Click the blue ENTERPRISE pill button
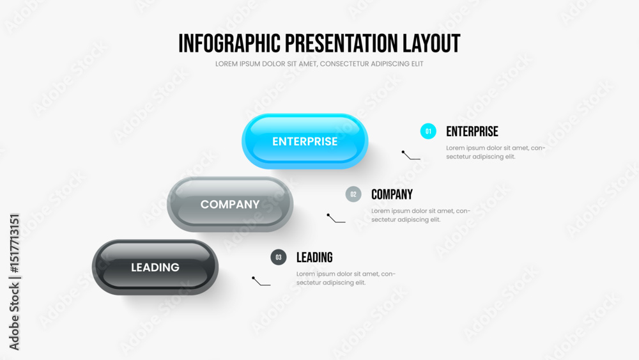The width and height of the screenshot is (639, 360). (305, 141)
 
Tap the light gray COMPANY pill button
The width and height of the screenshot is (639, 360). (230, 204)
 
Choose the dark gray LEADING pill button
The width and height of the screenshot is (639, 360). (155, 267)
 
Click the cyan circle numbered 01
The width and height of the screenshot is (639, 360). (428, 131)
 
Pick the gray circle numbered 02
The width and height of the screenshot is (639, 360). (353, 194)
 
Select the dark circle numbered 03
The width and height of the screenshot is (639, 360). (279, 257)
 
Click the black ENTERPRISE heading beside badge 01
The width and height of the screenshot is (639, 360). (472, 131)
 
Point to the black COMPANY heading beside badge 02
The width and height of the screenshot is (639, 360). (392, 194)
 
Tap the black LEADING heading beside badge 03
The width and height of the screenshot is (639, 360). (314, 257)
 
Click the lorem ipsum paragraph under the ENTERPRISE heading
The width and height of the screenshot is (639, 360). (496, 152)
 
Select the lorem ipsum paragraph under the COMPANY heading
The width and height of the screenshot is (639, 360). (420, 215)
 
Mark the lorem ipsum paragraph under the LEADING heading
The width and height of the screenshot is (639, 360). (346, 278)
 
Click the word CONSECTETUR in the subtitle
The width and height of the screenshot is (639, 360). (344, 64)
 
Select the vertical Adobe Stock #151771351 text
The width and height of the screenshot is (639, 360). (14, 282)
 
